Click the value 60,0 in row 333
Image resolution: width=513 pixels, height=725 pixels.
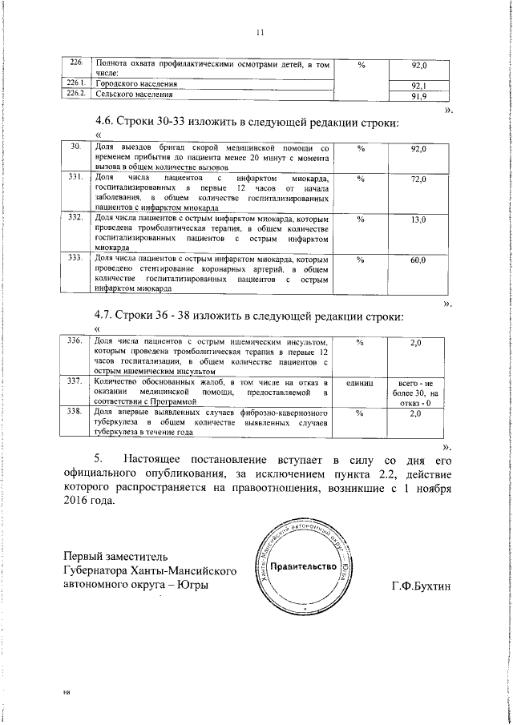coord(418,261)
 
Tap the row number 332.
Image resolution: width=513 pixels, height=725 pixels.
coord(77,217)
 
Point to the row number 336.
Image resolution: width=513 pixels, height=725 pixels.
coord(77,342)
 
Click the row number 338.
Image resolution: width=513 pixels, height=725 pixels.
coord(77,412)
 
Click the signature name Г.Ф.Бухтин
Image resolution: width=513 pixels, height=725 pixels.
coord(419,586)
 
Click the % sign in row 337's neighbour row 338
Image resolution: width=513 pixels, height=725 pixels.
coord(360,413)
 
